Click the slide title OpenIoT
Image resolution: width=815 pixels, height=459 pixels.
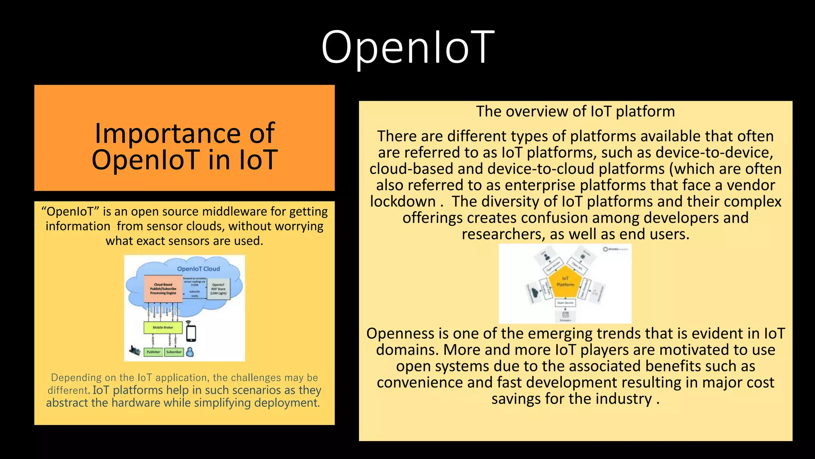407,48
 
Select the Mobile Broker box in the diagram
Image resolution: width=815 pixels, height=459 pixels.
163,328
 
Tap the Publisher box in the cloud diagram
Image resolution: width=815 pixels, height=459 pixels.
153,352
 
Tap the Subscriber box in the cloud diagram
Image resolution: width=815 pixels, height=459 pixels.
174,352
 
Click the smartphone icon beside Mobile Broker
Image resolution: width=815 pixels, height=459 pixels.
191,333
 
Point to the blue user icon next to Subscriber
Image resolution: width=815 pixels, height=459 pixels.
190,352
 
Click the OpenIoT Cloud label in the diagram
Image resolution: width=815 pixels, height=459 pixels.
198,269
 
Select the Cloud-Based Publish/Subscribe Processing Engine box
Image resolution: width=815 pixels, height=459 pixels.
163,289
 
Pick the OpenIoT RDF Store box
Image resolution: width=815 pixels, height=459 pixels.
218,289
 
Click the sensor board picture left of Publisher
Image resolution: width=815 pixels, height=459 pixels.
135,351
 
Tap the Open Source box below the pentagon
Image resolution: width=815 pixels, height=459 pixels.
565,303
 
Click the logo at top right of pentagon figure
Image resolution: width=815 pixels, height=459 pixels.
615,249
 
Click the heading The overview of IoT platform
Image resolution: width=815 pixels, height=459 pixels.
575,112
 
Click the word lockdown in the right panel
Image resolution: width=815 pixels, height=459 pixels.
403,202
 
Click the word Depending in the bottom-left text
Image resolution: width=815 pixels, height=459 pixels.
76,377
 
